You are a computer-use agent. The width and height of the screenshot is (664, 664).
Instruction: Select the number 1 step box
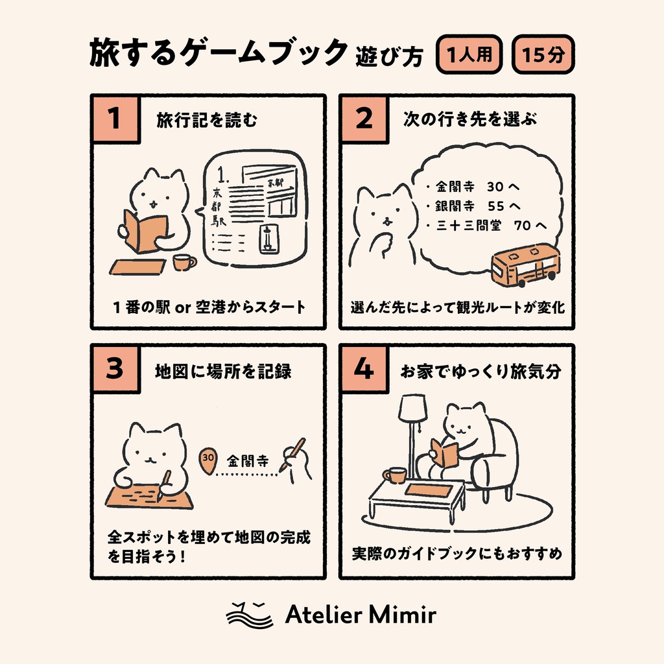click(x=115, y=119)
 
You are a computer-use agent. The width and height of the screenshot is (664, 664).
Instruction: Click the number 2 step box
click(x=364, y=119)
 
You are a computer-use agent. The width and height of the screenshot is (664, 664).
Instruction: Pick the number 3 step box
click(x=115, y=369)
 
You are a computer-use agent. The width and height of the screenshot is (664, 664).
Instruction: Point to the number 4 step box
click(x=364, y=369)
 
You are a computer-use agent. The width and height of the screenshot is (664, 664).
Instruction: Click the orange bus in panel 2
click(x=525, y=265)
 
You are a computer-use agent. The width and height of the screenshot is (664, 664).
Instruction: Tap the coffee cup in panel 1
click(x=184, y=262)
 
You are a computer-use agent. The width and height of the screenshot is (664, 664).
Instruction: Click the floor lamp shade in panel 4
click(x=412, y=407)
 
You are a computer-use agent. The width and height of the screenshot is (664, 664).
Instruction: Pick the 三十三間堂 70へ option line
click(x=487, y=226)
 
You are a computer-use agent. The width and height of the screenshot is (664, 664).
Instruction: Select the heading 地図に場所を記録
click(x=223, y=371)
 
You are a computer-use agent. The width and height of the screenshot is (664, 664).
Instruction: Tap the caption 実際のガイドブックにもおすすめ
click(x=456, y=554)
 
